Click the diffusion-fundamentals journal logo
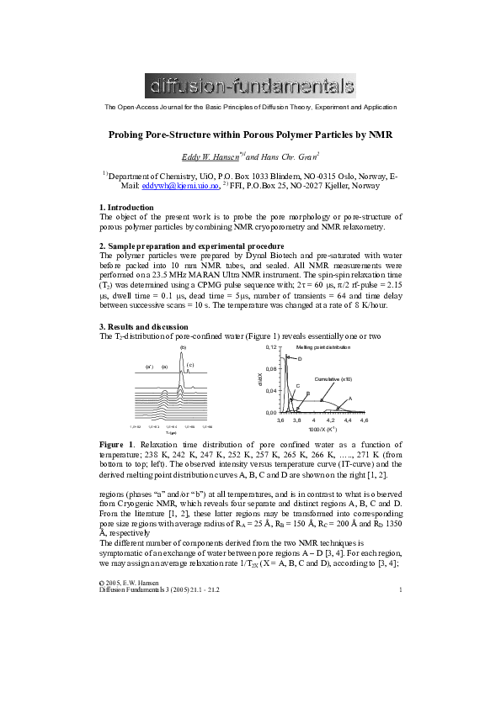click(x=250, y=86)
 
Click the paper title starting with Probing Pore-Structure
click(x=250, y=135)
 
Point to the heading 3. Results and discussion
click(x=148, y=326)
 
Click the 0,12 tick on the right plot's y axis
click(x=295, y=346)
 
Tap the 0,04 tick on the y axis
click(x=295, y=391)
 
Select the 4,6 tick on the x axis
click(x=387, y=420)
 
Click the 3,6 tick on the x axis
click(x=305, y=420)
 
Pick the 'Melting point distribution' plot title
click(x=345, y=346)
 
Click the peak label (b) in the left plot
click(x=183, y=346)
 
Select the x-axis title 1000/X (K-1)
click(x=345, y=429)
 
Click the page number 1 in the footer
click(x=401, y=589)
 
